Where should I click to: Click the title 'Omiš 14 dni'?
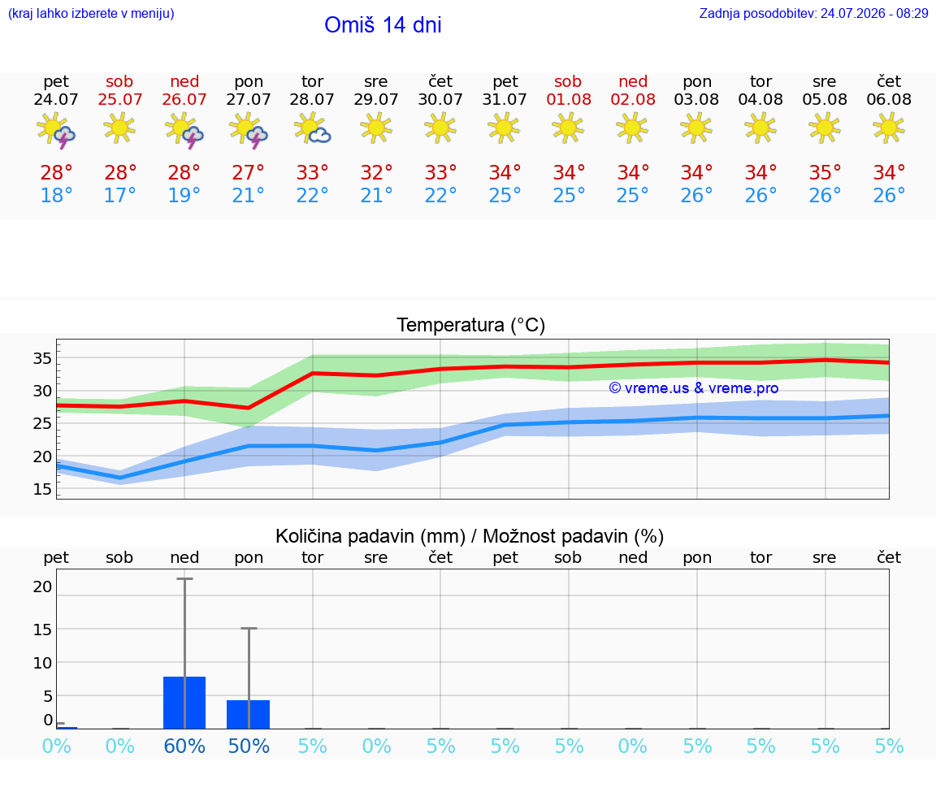pyautogui.click(x=383, y=25)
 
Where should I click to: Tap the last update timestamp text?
pyautogui.click(x=813, y=14)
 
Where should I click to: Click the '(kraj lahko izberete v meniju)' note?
pyautogui.click(x=91, y=14)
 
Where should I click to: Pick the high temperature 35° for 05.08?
pyautogui.click(x=825, y=172)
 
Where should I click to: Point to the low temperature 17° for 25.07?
pyautogui.click(x=119, y=195)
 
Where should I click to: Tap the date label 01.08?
pyautogui.click(x=568, y=100)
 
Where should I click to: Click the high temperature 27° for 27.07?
pyautogui.click(x=248, y=172)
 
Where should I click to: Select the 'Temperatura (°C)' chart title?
pyautogui.click(x=470, y=325)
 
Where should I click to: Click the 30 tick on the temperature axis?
pyautogui.click(x=42, y=391)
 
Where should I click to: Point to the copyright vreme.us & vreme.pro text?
pyautogui.click(x=693, y=388)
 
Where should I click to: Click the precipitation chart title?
pyautogui.click(x=469, y=537)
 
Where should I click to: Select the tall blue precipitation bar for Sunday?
pyautogui.click(x=184, y=703)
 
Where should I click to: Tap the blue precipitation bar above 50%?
pyautogui.click(x=249, y=714)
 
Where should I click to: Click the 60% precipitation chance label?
pyautogui.click(x=184, y=747)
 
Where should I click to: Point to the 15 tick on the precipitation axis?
pyautogui.click(x=42, y=630)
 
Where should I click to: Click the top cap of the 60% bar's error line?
pyautogui.click(x=184, y=579)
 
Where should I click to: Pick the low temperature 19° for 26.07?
pyautogui.click(x=184, y=195)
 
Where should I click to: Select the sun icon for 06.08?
pyautogui.click(x=889, y=128)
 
